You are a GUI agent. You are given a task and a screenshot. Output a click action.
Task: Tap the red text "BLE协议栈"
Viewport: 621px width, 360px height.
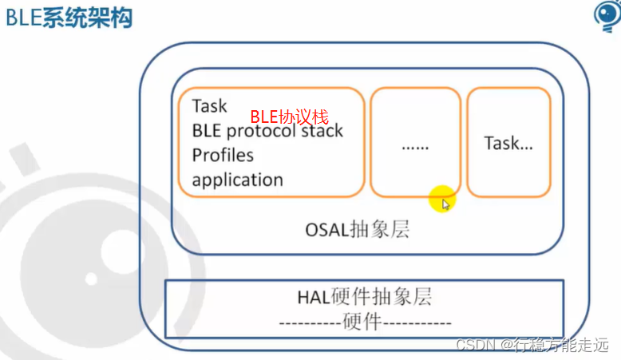(290, 117)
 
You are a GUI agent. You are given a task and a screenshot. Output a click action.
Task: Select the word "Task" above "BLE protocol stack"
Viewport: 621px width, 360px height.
(209, 106)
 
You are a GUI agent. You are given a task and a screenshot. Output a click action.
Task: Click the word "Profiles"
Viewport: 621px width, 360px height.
(223, 155)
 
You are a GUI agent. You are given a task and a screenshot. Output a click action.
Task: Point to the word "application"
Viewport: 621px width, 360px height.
(237, 180)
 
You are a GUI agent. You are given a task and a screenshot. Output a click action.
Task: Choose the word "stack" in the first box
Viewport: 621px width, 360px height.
(324, 131)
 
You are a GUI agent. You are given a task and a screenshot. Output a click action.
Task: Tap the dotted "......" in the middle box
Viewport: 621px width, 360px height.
(415, 147)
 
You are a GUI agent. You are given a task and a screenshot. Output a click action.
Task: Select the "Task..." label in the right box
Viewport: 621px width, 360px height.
(508, 144)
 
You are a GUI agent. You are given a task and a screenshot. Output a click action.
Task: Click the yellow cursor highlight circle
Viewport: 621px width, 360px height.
(441, 199)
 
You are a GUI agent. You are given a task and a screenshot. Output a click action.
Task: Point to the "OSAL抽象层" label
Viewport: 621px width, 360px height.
(357, 230)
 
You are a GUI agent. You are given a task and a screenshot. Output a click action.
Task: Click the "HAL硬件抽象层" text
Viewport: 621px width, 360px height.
(364, 298)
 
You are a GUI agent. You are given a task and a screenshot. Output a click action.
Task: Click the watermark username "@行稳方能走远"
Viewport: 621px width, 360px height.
(554, 345)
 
